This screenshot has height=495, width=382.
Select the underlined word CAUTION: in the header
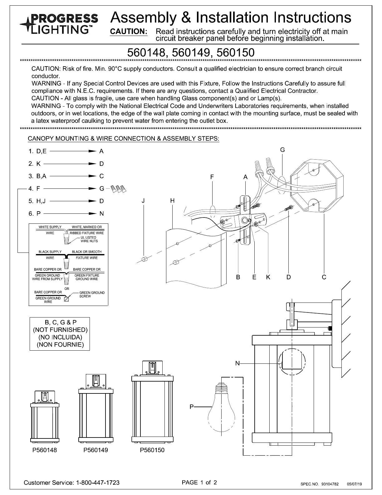(129, 32)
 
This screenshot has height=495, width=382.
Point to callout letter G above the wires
(282, 150)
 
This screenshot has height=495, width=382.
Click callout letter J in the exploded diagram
(143, 201)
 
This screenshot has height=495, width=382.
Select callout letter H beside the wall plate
(172, 201)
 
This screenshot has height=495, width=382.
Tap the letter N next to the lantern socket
(238, 363)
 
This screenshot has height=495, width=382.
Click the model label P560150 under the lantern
(152, 450)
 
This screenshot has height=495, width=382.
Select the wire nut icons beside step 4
(119, 189)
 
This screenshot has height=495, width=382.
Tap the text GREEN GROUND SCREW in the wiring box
(92, 294)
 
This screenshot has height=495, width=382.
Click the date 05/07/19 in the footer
(355, 484)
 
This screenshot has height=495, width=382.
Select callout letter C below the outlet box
(324, 277)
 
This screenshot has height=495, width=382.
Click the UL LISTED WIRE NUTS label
(89, 239)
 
